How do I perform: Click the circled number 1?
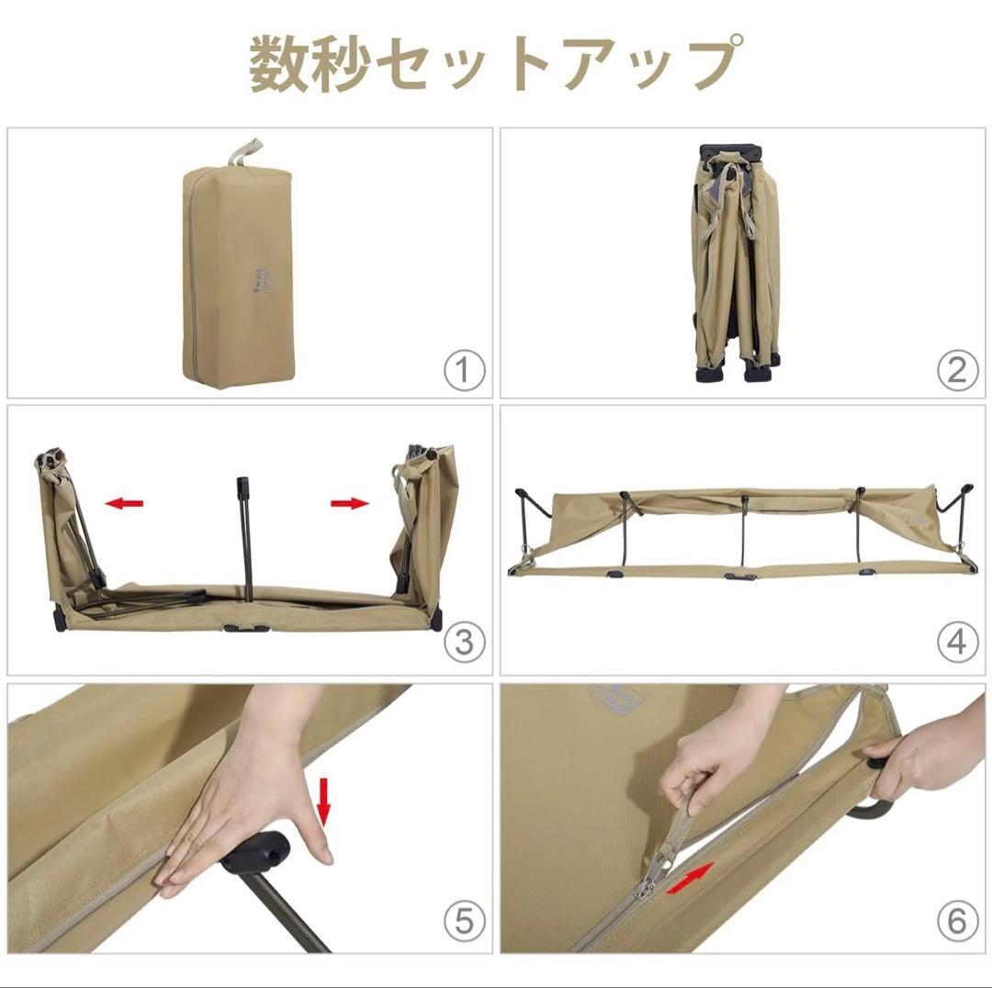[464, 371]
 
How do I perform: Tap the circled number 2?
[956, 371]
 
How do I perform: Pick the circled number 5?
[464, 918]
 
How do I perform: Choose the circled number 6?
[956, 918]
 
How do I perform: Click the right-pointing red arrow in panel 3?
[349, 502]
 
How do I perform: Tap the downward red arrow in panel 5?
[322, 796]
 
